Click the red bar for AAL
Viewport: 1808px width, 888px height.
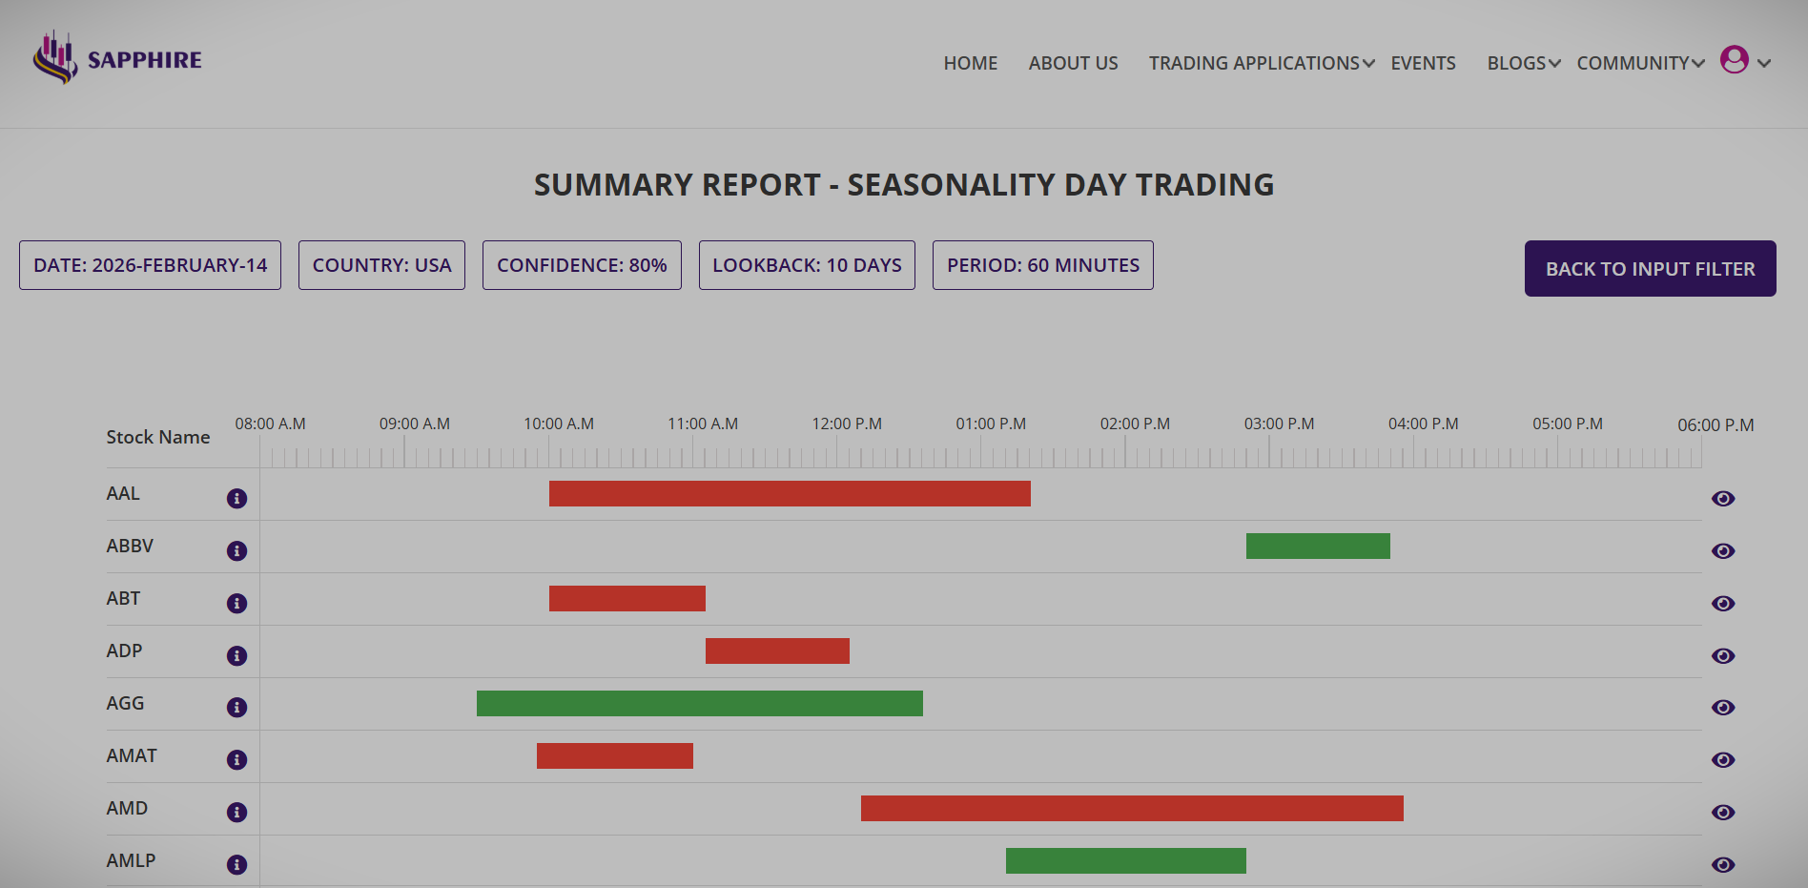click(790, 493)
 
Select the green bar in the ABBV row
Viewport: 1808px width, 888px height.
click(1318, 546)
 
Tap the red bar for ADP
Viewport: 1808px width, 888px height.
click(777, 651)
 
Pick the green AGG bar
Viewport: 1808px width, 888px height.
click(699, 703)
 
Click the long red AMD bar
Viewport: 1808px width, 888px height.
click(1132, 808)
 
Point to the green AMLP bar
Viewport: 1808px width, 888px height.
click(1125, 860)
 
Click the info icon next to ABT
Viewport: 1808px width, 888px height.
click(236, 603)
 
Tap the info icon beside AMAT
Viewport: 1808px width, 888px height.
click(236, 759)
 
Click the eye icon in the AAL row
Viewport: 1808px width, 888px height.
click(1722, 498)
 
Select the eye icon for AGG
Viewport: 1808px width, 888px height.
click(1722, 707)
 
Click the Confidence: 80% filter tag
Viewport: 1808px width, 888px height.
click(582, 265)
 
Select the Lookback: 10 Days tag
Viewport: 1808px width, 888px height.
click(807, 265)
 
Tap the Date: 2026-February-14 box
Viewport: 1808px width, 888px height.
click(150, 265)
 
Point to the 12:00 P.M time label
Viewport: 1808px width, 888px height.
click(847, 423)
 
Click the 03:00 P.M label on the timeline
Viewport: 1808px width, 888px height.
click(1279, 423)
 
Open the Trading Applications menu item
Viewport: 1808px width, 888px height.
click(1261, 63)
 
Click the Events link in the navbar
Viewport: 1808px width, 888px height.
click(1423, 63)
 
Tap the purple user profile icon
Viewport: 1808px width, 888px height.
click(1734, 59)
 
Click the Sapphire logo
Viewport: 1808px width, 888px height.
click(117, 59)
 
